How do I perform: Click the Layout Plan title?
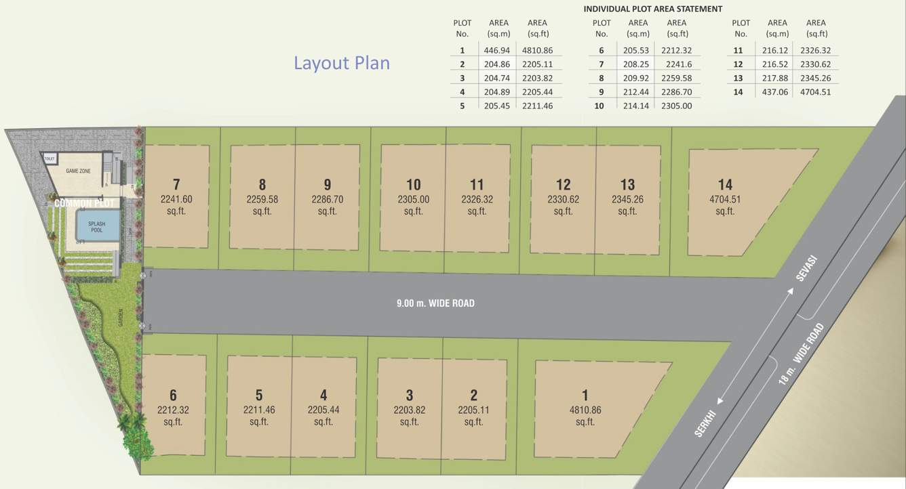(x=341, y=63)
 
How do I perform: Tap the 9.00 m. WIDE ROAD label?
(x=435, y=303)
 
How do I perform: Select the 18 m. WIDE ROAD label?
(x=802, y=354)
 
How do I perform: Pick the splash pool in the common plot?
(x=96, y=226)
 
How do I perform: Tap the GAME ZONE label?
(x=78, y=171)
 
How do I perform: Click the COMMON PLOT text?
(x=86, y=203)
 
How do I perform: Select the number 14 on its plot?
(x=725, y=184)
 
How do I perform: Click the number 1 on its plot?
(x=585, y=395)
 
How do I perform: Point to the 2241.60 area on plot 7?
(x=176, y=199)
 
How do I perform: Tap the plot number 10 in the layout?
(x=413, y=184)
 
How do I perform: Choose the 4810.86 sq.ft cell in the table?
(x=538, y=50)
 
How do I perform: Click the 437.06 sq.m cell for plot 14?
(x=777, y=92)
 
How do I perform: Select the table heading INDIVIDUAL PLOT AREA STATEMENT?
(x=652, y=9)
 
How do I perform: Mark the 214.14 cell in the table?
(x=637, y=106)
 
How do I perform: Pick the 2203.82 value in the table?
(x=538, y=78)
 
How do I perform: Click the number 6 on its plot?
(x=173, y=395)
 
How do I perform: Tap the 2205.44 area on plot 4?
(x=323, y=410)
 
